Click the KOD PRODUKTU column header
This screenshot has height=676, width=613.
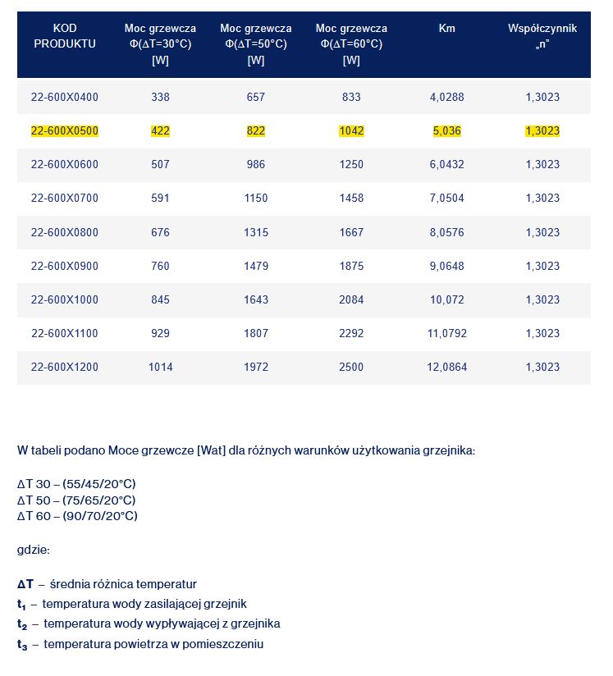coord(65,36)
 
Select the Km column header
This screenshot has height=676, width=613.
coord(446,29)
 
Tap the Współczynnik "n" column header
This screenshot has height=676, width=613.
coord(542,36)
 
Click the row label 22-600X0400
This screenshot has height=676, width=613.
coord(65,97)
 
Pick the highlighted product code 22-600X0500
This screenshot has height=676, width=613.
coord(65,130)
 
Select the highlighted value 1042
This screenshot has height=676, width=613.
coord(351,130)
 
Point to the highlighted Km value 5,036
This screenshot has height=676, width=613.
coord(446,130)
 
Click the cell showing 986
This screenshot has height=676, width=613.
coord(256,164)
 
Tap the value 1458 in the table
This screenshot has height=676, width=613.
coord(351,198)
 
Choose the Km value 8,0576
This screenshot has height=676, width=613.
coord(446,232)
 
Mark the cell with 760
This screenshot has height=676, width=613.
coord(161,266)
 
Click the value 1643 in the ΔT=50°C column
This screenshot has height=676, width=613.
coord(256,299)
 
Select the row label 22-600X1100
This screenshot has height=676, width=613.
coord(65,333)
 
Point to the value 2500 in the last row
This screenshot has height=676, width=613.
coord(351,367)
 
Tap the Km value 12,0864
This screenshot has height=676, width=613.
coord(446,367)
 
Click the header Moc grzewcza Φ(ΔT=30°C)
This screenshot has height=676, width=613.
coord(161,43)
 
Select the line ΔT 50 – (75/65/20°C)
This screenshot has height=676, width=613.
coord(76,500)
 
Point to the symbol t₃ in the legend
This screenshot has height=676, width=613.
coord(23,645)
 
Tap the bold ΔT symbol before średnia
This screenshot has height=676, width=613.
coord(25,584)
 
